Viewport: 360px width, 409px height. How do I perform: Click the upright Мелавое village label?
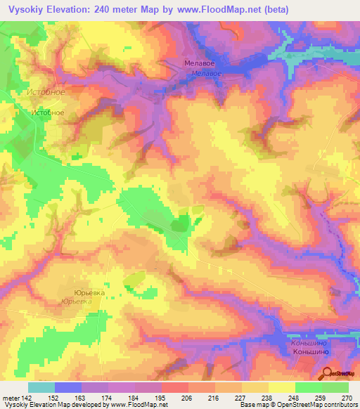click(198, 63)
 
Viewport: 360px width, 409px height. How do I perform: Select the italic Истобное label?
click(45, 92)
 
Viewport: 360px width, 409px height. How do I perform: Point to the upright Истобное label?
click(49, 112)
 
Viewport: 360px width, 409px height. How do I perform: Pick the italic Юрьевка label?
click(77, 301)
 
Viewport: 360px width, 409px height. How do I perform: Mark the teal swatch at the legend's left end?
click(41, 387)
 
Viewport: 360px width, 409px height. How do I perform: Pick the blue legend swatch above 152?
click(68, 387)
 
